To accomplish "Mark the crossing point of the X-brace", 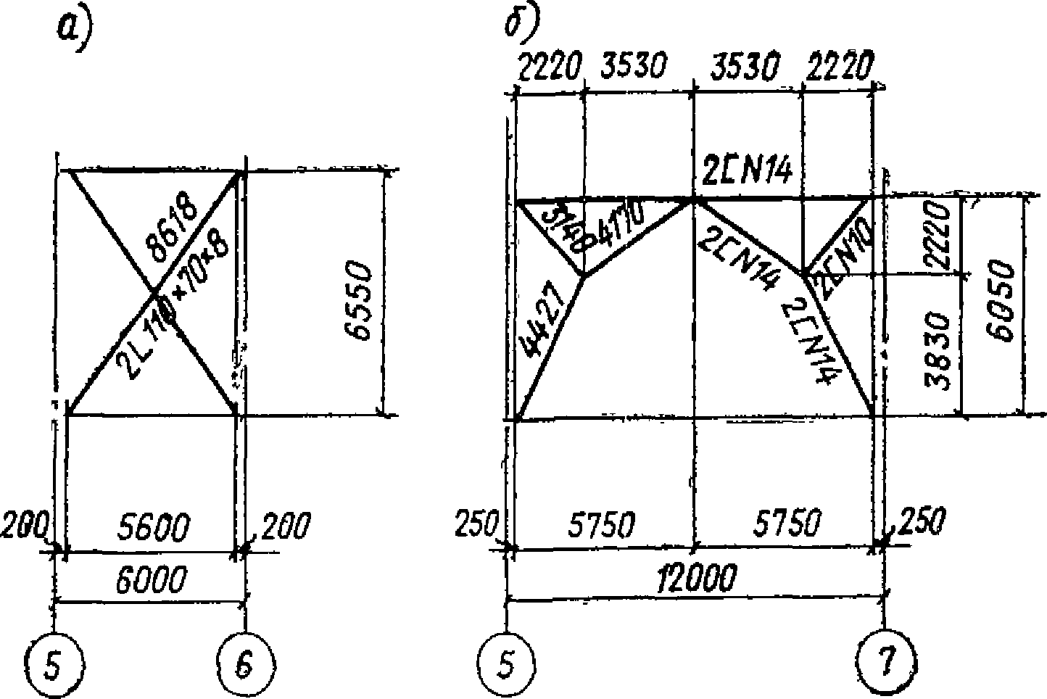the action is point(154,292).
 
